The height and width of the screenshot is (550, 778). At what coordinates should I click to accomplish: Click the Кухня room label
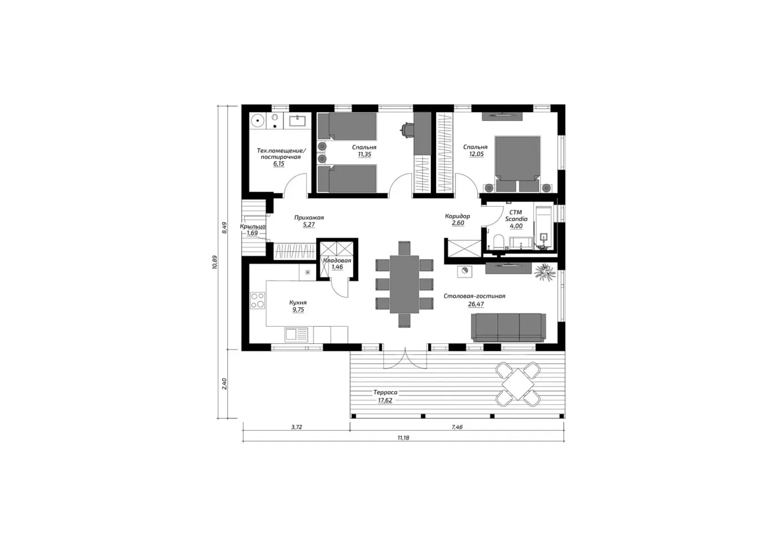pos(298,302)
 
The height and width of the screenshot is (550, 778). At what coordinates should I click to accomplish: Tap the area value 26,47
pos(476,304)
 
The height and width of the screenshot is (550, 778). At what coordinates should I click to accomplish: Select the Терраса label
pos(385,392)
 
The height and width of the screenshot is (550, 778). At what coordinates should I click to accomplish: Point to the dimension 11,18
pos(403,438)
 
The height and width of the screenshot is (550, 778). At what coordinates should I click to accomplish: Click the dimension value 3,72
pos(296,427)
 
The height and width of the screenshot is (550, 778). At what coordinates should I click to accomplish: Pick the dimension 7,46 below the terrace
pos(457,427)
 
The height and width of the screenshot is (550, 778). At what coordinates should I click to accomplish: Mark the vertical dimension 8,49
pos(225,227)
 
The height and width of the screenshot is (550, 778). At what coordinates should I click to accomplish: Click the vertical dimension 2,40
pos(225,384)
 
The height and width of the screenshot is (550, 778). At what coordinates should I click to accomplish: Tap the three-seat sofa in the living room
pos(508,327)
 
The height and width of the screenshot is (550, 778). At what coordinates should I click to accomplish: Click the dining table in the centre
pos(405,284)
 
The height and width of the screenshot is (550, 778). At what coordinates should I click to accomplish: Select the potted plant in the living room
pos(545,272)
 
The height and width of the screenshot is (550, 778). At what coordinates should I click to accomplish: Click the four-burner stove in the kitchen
pos(257,301)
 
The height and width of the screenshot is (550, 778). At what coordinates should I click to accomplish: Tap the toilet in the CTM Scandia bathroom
pos(498,242)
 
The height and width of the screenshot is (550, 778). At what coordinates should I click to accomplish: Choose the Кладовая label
pos(337,261)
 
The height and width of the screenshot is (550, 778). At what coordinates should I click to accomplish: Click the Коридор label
pos(457,216)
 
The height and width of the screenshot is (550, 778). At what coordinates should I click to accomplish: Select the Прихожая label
pos(309,218)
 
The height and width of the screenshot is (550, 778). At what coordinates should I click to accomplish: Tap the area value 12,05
pos(476,154)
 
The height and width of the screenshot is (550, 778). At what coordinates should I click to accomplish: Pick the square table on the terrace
pos(518,384)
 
